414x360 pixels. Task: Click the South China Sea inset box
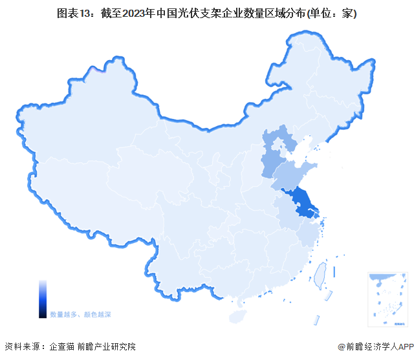tap(387, 299)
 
